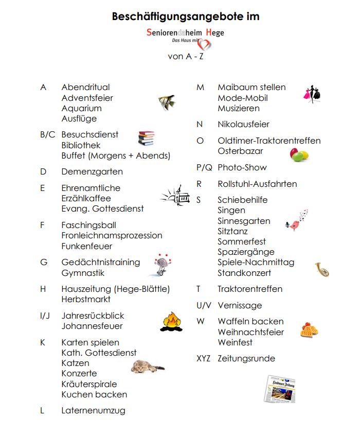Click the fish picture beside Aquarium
pos(167,101)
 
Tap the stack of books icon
pos(146,138)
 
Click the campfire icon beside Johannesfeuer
pos(172,321)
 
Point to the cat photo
pos(146,366)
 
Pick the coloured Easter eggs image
pos(299,154)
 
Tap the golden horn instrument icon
pos(322,269)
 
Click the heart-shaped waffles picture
pos(310,329)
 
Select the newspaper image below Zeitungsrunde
pos(281,389)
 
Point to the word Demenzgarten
pos(92,171)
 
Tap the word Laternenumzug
pos(93,411)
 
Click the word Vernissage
pos(240,305)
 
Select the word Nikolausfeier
pos(243,124)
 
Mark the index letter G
pos(44,262)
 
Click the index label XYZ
pos(203,358)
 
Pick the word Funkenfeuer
pos(87,246)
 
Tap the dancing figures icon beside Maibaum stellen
pos(312,95)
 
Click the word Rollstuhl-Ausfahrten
pos(257,184)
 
